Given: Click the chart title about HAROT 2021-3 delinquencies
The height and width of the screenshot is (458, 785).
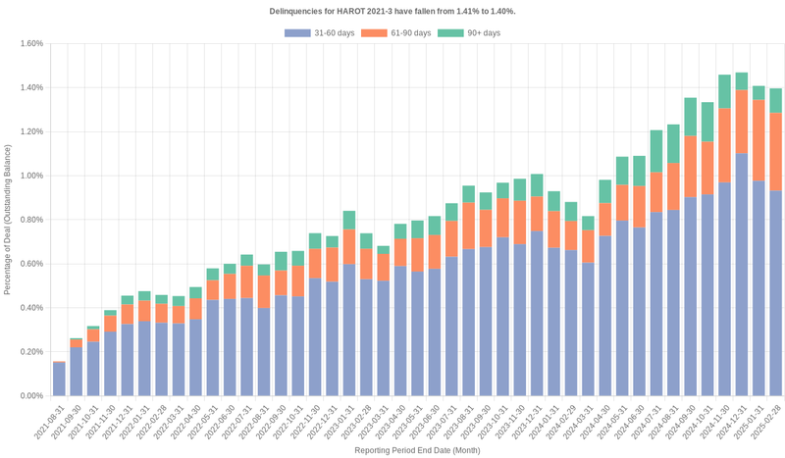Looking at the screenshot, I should click(392, 11).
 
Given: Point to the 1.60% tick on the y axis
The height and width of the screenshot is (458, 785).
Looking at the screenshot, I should click(29, 43).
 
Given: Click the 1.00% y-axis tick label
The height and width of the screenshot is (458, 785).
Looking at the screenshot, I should click(29, 176).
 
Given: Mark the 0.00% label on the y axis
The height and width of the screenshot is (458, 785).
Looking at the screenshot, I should click(29, 396).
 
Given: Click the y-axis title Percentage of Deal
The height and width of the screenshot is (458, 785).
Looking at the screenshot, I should click(8, 220).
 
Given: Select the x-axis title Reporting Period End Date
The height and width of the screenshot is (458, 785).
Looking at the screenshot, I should click(417, 450).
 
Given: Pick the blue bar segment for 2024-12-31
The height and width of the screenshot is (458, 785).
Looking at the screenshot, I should click(742, 275).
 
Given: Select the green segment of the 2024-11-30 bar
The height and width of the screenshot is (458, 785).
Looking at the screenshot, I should click(724, 91).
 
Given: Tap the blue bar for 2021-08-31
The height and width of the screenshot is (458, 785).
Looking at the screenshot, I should click(59, 380).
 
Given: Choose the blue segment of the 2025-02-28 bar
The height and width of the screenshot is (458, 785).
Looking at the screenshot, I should click(775, 293).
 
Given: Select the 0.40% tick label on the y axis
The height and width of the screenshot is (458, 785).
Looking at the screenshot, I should click(29, 308).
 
